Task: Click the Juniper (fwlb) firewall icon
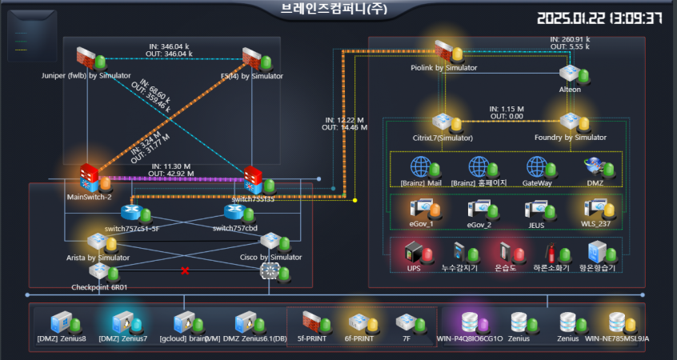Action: click(86, 58)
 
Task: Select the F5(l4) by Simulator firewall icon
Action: click(253, 58)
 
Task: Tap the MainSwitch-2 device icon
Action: click(88, 176)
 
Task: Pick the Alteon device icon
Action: click(569, 73)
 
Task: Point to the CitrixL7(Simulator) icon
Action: click(443, 122)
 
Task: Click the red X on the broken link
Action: click(186, 271)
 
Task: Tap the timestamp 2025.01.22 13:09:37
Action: click(599, 18)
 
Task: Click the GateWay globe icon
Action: click(536, 166)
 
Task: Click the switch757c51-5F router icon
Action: click(130, 212)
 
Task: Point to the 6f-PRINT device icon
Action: click(357, 322)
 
